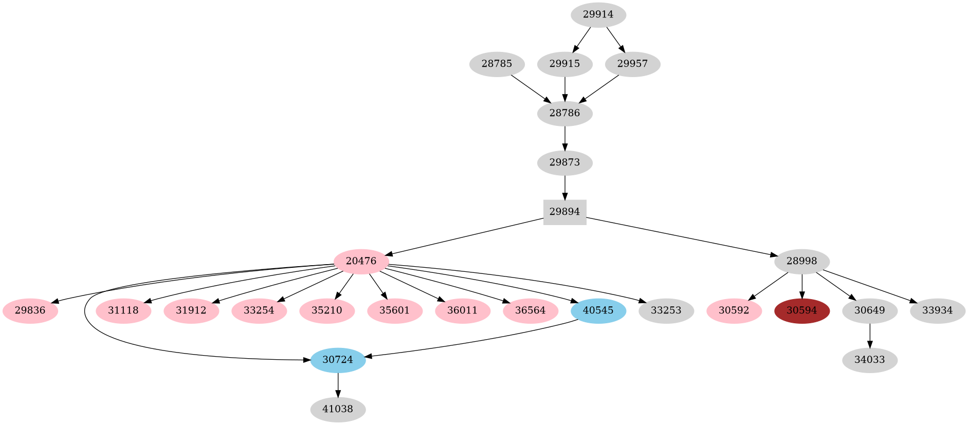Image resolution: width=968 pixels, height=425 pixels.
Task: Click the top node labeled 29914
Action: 598,15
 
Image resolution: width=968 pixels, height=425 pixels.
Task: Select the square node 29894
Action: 564,212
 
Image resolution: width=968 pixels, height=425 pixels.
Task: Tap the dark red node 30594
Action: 801,311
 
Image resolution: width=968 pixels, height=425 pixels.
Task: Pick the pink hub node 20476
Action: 361,261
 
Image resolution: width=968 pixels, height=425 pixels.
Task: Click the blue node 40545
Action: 598,311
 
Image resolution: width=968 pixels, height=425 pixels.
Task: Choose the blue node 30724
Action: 338,360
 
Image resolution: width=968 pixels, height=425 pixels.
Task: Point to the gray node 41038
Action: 338,410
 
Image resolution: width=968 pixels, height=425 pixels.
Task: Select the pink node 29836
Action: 30,311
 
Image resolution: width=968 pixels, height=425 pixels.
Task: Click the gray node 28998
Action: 801,261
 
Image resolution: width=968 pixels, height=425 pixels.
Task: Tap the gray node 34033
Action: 869,360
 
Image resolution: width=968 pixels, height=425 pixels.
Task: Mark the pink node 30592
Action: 734,311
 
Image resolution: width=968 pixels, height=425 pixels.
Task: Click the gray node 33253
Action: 666,311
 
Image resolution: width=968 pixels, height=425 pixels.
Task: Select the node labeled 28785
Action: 497,64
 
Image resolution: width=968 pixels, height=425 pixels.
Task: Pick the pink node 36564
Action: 530,311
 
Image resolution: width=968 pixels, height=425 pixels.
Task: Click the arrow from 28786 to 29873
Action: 564,138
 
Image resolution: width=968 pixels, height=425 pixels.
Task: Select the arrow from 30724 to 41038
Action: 338,385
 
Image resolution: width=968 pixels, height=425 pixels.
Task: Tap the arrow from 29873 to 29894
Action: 564,188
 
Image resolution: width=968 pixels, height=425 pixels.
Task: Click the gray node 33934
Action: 937,311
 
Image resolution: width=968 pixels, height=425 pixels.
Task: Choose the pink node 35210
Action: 326,311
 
